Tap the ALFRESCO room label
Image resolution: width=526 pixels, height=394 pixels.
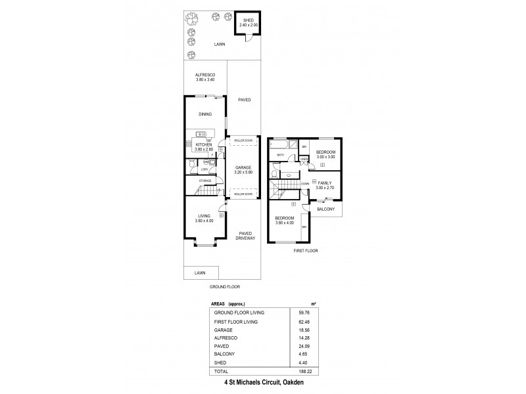pyautogui.click(x=205, y=76)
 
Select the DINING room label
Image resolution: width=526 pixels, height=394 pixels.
pyautogui.click(x=206, y=114)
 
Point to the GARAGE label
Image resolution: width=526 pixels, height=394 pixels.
pyautogui.click(x=243, y=168)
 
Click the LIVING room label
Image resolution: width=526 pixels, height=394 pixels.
pyautogui.click(x=204, y=216)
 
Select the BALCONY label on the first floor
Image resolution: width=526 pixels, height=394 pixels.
pyautogui.click(x=326, y=209)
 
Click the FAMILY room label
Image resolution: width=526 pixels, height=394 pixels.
pyautogui.click(x=325, y=183)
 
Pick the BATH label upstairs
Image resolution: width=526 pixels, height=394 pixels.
pyautogui.click(x=280, y=156)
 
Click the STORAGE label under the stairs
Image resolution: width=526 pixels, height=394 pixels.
pyautogui.click(x=205, y=180)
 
